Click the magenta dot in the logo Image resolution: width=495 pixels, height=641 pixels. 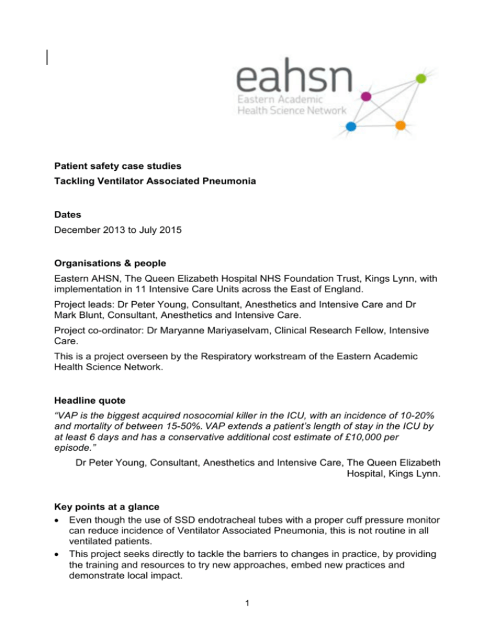tap(367, 97)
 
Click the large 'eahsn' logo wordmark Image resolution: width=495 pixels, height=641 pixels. tap(294, 81)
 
